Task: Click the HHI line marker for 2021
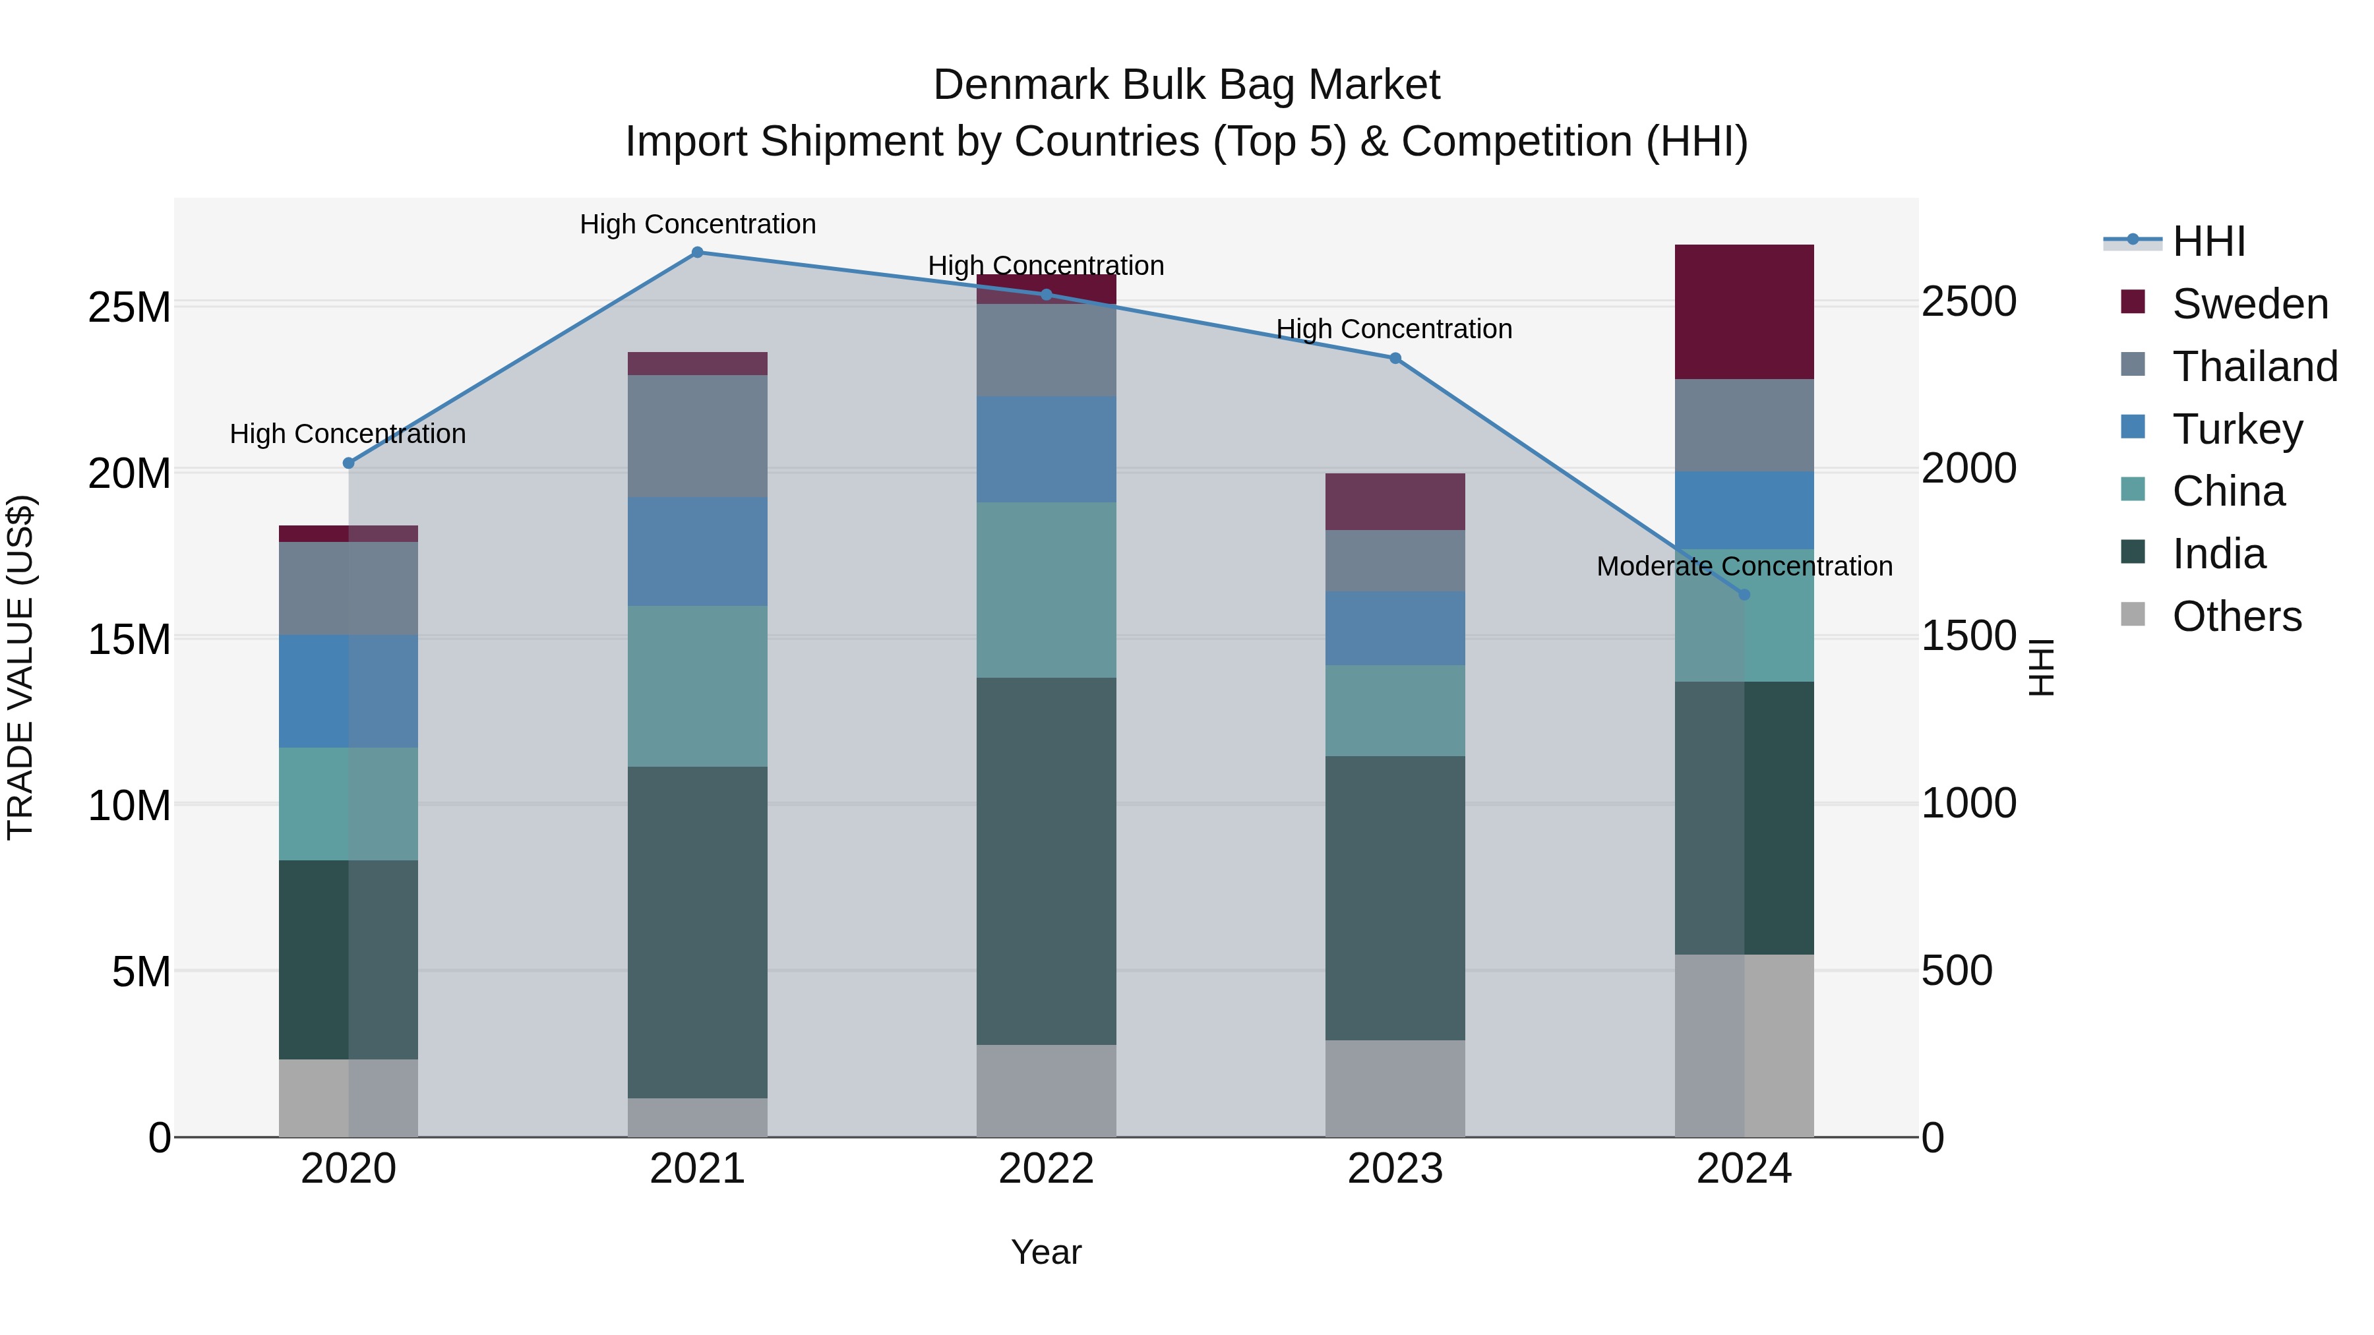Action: click(697, 252)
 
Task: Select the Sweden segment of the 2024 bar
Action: click(1744, 311)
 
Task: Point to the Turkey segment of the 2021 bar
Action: click(697, 551)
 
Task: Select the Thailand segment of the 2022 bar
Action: click(1046, 350)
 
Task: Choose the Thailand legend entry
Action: click(2254, 366)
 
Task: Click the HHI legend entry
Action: click(2207, 241)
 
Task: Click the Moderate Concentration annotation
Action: click(1744, 566)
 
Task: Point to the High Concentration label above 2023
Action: click(1393, 329)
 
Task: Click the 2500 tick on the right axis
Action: click(1968, 301)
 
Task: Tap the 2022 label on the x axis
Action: click(1046, 1168)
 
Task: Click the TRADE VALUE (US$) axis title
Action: click(20, 667)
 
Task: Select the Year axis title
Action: click(1046, 1252)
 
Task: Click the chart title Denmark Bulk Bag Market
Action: click(1186, 85)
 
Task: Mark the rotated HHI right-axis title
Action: click(2042, 667)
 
